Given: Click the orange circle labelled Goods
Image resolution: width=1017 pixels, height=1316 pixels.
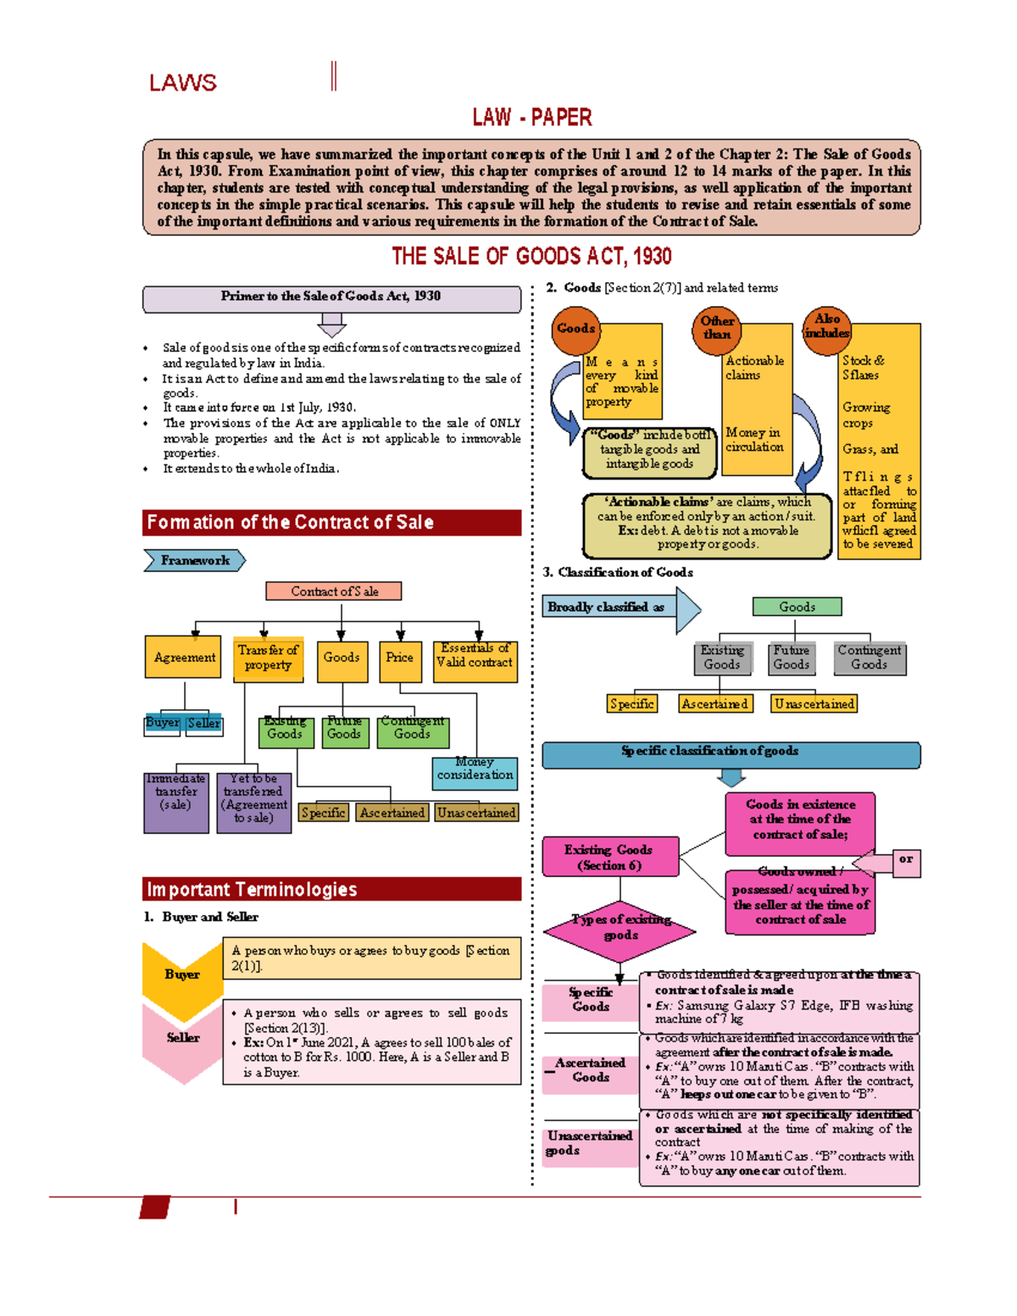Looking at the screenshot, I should pyautogui.click(x=575, y=329).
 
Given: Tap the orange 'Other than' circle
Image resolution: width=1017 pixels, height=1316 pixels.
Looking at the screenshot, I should pyautogui.click(x=717, y=328).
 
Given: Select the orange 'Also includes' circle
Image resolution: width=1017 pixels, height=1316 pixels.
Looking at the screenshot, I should pyautogui.click(x=826, y=327).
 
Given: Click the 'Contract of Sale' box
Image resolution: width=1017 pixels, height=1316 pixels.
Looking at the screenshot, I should pyautogui.click(x=334, y=591).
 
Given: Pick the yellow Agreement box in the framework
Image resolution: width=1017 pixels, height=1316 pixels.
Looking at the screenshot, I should pyautogui.click(x=183, y=658).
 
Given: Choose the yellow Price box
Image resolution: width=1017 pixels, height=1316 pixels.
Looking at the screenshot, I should pyautogui.click(x=400, y=658).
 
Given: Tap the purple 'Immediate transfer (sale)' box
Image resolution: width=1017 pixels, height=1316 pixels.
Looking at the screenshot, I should pyautogui.click(x=175, y=801).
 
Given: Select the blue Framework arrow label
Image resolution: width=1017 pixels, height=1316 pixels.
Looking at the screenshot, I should pyautogui.click(x=195, y=560).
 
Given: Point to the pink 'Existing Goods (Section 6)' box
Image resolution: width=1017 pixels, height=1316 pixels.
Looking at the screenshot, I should pyautogui.click(x=610, y=858).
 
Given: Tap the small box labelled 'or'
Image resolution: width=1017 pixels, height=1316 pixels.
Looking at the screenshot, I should pyautogui.click(x=906, y=862).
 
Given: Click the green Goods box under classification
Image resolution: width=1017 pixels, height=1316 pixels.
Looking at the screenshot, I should pyautogui.click(x=797, y=607).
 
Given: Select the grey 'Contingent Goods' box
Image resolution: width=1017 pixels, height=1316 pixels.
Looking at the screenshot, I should pyautogui.click(x=869, y=658).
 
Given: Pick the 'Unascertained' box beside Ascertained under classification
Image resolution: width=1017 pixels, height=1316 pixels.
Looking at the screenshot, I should pyautogui.click(x=814, y=704).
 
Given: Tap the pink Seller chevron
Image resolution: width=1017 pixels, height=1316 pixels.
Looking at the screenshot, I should pyautogui.click(x=182, y=1039).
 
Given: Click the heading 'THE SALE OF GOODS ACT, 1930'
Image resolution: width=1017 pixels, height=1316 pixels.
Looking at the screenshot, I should pyautogui.click(x=531, y=257).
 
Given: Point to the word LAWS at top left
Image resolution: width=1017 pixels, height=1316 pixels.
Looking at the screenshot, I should pyautogui.click(x=183, y=83).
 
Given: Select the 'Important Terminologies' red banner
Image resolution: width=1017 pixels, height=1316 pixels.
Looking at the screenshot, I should pyautogui.click(x=331, y=889).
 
